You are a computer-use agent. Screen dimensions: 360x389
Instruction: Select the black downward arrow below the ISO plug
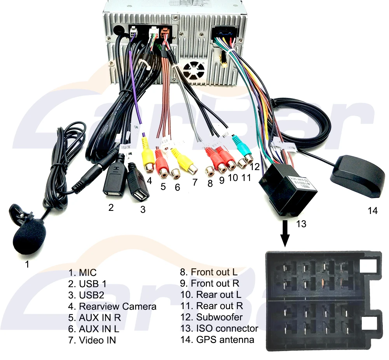pyautogui.click(x=286, y=233)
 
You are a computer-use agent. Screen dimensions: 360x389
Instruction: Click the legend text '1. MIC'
pyautogui.click(x=82, y=273)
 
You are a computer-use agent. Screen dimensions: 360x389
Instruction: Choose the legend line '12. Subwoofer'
pyautogui.click(x=211, y=317)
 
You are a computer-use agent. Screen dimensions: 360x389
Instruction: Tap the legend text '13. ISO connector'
pyautogui.click(x=219, y=329)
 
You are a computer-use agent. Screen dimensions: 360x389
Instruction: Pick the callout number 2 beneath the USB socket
pyautogui.click(x=111, y=207)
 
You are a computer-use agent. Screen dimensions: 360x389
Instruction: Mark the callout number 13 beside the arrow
pyautogui.click(x=301, y=224)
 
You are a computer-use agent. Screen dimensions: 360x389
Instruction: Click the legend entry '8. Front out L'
pyautogui.click(x=208, y=272)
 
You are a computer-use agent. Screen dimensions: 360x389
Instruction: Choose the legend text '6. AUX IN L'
pyautogui.click(x=93, y=329)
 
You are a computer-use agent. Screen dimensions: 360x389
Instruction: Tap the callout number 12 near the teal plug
pyautogui.click(x=255, y=167)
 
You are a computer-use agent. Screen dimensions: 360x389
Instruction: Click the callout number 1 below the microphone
pyautogui.click(x=27, y=264)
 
